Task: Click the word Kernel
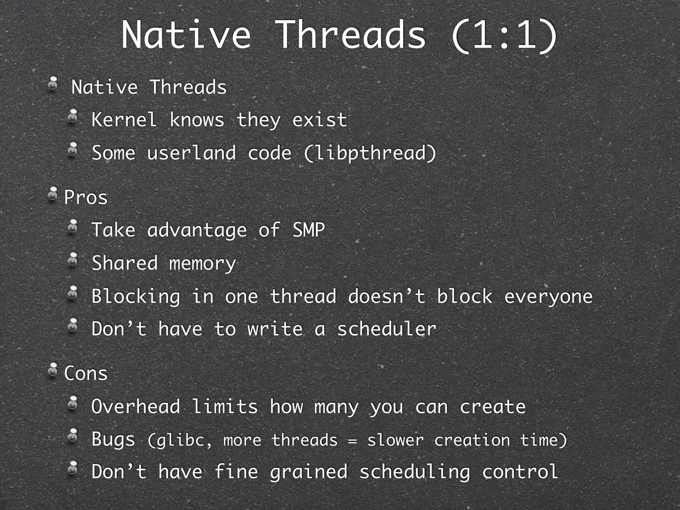click(x=124, y=120)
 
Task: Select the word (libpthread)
click(x=370, y=153)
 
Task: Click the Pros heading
click(x=86, y=198)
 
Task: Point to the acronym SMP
click(x=308, y=230)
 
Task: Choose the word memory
click(x=203, y=263)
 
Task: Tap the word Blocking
click(x=136, y=296)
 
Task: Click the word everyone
click(x=548, y=296)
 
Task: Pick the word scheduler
click(x=386, y=329)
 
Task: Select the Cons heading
click(x=86, y=373)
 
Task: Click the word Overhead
click(x=136, y=406)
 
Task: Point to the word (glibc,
click(x=180, y=440)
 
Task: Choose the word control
click(x=520, y=471)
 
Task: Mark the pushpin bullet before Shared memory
click(x=73, y=260)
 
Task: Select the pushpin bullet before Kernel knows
click(x=73, y=117)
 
